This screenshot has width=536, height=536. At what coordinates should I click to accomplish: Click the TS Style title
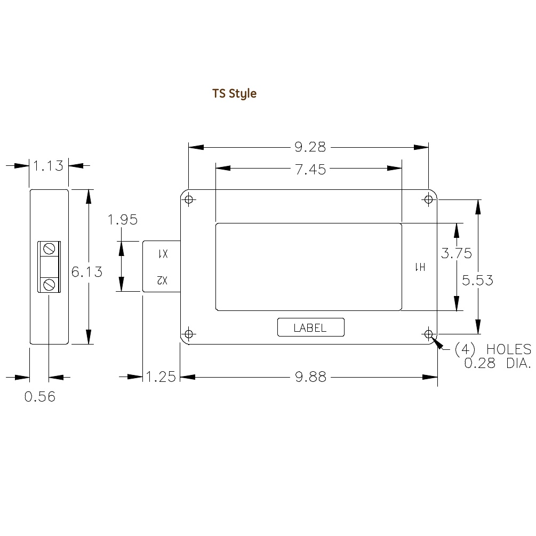(235, 93)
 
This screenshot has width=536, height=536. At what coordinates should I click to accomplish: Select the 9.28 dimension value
(309, 147)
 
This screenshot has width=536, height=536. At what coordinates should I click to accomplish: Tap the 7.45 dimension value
(309, 169)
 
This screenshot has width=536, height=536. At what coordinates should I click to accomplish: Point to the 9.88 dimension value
(310, 377)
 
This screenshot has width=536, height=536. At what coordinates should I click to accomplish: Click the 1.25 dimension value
(161, 377)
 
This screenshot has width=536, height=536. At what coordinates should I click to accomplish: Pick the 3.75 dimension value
(456, 253)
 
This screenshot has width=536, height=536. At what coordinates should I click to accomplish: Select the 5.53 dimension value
(478, 280)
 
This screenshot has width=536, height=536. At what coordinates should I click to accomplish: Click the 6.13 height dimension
(87, 271)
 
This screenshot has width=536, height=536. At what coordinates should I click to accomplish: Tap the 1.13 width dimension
(49, 166)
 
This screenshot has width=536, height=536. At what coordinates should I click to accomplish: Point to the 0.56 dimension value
(40, 397)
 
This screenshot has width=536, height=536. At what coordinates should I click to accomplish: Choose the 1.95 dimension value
(122, 219)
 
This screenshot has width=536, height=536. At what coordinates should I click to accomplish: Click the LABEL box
(310, 327)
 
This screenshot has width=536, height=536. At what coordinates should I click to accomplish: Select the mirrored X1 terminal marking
(162, 254)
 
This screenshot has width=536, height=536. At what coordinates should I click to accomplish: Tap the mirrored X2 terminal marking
(162, 280)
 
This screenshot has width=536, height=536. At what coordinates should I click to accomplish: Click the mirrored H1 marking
(420, 267)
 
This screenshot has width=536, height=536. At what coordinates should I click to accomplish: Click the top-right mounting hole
(428, 199)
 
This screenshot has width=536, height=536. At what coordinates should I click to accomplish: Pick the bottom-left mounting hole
(188, 334)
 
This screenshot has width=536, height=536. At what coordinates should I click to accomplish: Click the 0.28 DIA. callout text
(498, 364)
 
